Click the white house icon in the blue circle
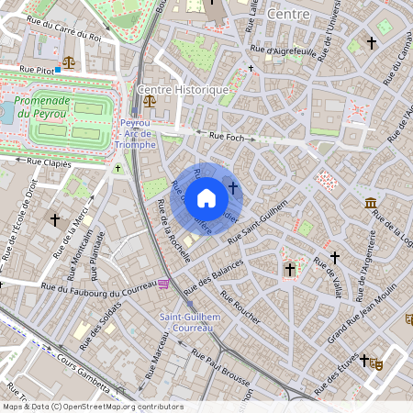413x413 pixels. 206,197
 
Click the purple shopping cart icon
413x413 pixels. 163,284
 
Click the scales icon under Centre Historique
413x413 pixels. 150,102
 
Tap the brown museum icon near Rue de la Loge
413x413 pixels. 370,203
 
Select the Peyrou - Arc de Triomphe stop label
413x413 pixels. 138,133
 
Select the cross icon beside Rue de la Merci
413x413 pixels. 56,220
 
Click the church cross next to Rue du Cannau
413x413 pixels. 372,42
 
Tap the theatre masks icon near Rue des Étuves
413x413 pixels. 376,363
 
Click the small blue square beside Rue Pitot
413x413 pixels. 57,69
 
